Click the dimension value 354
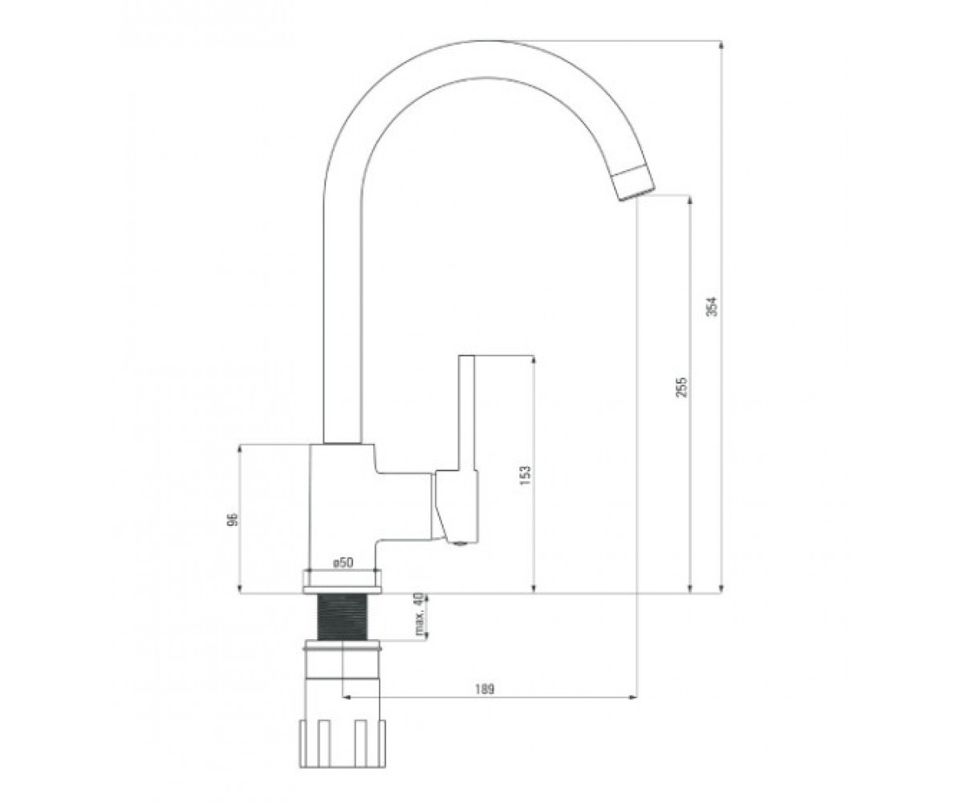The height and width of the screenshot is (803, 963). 713,307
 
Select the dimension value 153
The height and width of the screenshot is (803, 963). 525,475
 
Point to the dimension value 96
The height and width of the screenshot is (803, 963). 234,519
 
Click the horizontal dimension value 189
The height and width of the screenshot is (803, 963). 484,690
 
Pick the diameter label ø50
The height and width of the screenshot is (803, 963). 343,563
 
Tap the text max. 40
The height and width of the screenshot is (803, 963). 419,615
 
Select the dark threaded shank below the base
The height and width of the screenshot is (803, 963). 342,617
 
